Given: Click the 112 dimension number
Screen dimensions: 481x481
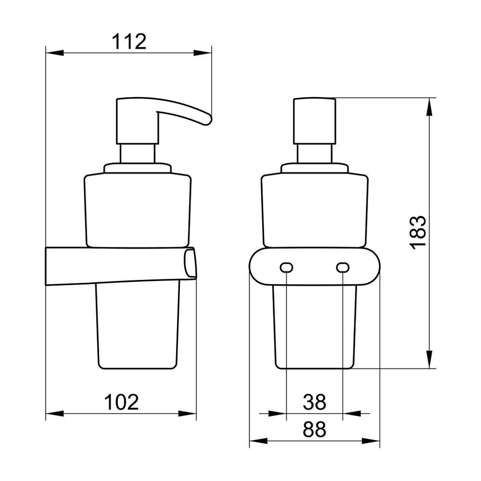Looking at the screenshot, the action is pyautogui.click(x=129, y=42).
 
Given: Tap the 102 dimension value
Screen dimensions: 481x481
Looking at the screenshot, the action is pyautogui.click(x=122, y=402).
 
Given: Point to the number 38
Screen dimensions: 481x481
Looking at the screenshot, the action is pyautogui.click(x=314, y=402).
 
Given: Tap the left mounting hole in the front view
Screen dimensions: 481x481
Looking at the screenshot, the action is pyautogui.click(x=286, y=267).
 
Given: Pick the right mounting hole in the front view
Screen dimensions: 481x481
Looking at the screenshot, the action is pyautogui.click(x=342, y=267).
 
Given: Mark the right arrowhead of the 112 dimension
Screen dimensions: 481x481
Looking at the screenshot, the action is pyautogui.click(x=203, y=53).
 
